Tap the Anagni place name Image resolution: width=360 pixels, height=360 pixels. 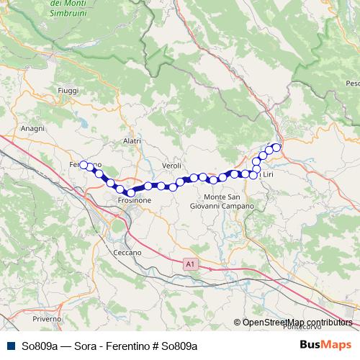click(x=33, y=128)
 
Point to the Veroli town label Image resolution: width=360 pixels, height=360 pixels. click(x=171, y=166)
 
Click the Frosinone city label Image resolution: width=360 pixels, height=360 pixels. click(x=135, y=201)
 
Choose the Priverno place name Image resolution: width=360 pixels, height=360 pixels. click(x=47, y=318)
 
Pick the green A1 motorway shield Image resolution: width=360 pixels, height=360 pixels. click(x=189, y=265)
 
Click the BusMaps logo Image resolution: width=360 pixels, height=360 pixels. click(x=326, y=346)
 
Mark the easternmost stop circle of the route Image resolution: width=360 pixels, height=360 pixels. click(x=276, y=147)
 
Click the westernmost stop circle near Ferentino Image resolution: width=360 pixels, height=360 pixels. click(x=84, y=165)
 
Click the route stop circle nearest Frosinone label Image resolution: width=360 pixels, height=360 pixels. click(x=130, y=192)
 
